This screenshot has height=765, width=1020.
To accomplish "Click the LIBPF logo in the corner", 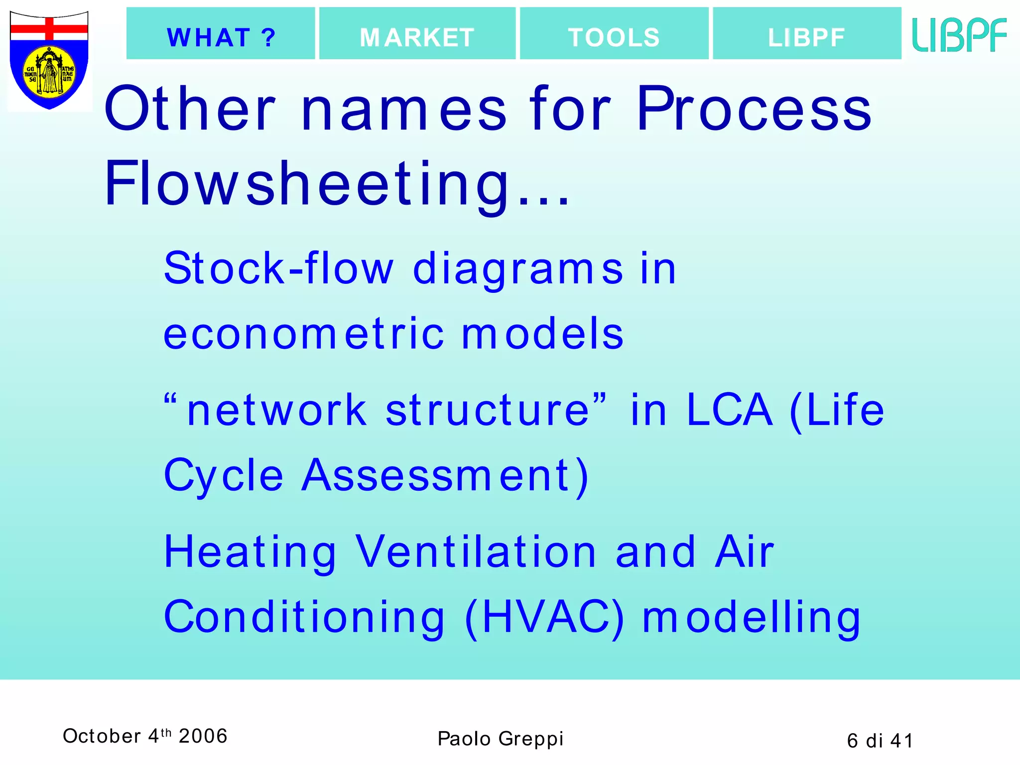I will pyautogui.click(x=959, y=35).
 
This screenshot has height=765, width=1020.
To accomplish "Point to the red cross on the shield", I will pyautogui.click(x=49, y=29).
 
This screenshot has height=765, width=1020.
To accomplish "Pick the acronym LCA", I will pyautogui.click(x=729, y=410).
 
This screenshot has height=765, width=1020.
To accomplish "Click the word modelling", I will pyautogui.click(x=751, y=618).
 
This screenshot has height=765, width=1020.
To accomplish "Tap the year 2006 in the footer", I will pyautogui.click(x=203, y=736).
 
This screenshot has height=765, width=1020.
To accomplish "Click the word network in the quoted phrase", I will pyautogui.click(x=276, y=410).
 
